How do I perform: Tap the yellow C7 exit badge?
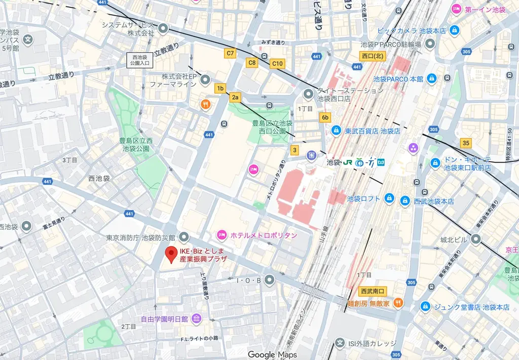[x=230, y=53]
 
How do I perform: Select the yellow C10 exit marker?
[x=277, y=63]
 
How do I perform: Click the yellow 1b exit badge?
[x=220, y=88]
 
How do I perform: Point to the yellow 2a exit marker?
[x=235, y=97]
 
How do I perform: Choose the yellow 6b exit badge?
[x=325, y=118]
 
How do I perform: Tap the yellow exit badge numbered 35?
[x=466, y=142]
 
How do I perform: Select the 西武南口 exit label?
[x=373, y=291]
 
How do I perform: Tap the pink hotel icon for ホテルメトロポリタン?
[x=221, y=235]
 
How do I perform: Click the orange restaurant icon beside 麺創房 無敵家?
[x=398, y=303]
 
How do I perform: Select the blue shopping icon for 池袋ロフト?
[x=389, y=198]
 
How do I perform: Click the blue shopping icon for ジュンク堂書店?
[x=425, y=307]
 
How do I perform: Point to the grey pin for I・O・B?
[x=270, y=279]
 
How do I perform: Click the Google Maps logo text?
[x=272, y=354]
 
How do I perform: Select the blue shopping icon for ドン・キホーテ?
[x=434, y=163]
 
